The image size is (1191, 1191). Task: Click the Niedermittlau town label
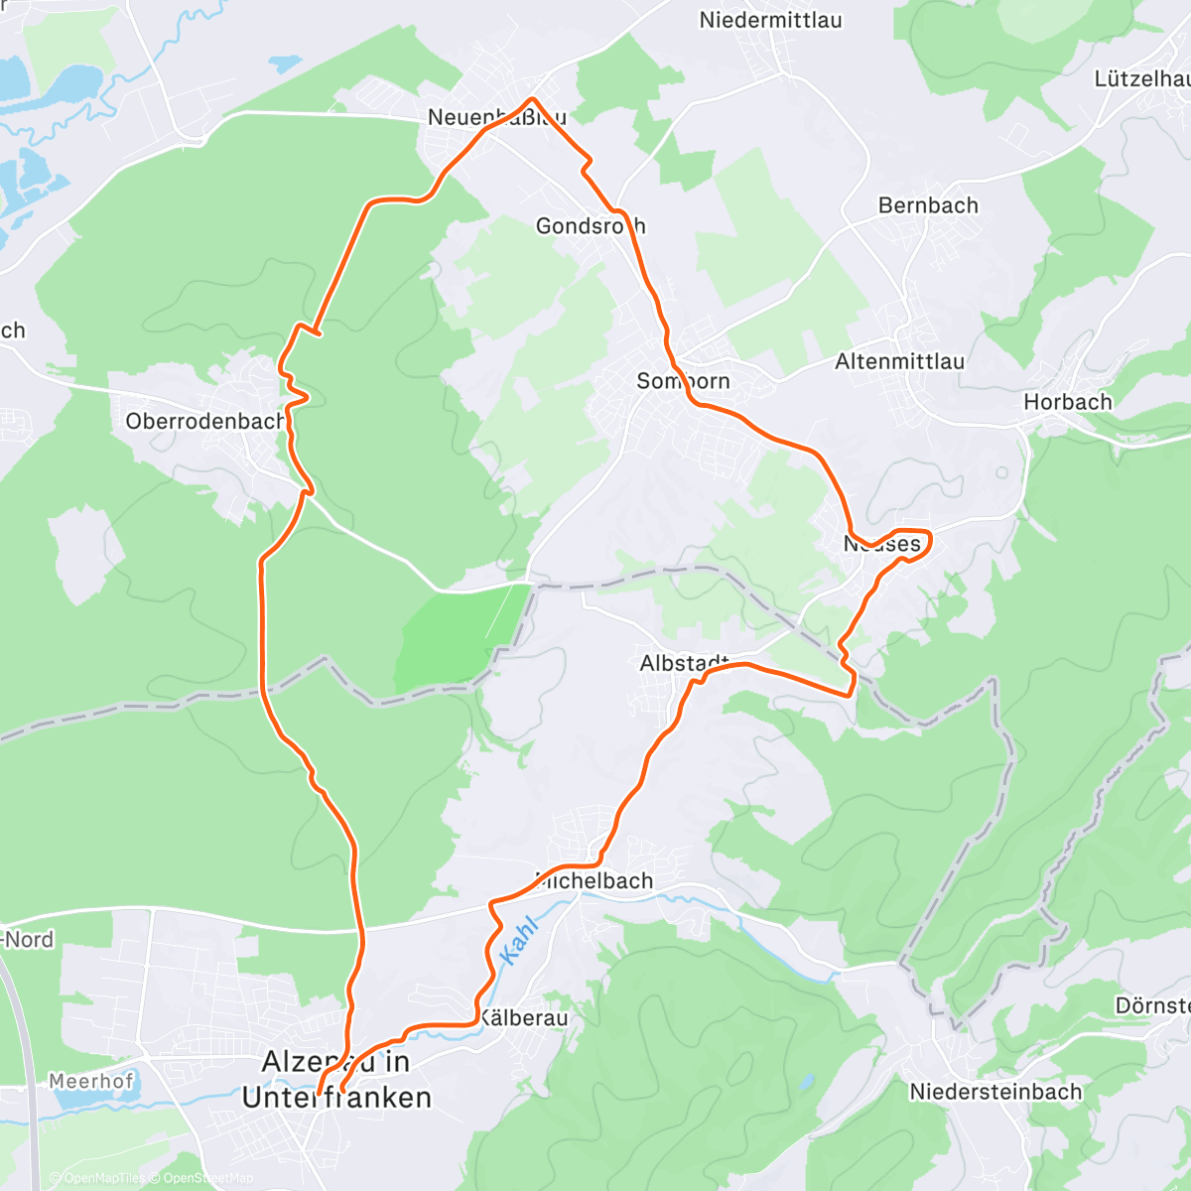[770, 20]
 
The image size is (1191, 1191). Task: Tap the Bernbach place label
[928, 205]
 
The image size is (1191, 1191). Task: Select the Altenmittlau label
[899, 361]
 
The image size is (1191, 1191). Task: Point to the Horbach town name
[1068, 402]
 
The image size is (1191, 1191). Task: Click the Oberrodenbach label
[205, 421]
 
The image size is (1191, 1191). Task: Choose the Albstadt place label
[685, 663]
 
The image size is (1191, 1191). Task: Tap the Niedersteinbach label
[995, 1092]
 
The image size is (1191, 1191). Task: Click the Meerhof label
[91, 1081]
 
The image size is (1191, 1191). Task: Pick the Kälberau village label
[524, 1018]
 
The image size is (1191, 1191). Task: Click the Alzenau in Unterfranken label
[336, 1080]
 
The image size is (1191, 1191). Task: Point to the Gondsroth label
[590, 226]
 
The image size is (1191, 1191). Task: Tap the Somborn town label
[683, 381]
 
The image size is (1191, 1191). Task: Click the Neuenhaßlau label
[496, 117]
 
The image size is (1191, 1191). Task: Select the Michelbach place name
[595, 880]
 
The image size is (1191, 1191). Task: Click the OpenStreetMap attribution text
[207, 1178]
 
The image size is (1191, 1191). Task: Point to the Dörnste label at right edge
[1152, 1005]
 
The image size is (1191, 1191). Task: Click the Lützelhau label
[1141, 78]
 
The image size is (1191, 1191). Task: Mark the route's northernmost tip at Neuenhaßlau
[534, 99]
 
